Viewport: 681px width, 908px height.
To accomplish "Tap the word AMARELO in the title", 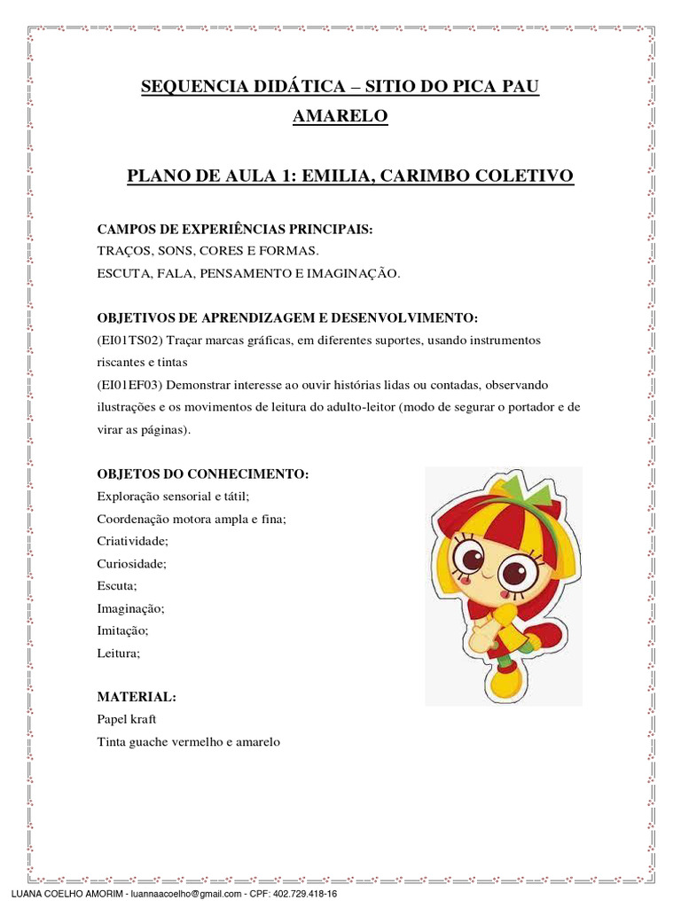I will click(x=340, y=116).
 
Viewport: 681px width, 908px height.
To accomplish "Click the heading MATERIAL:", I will click(x=137, y=697).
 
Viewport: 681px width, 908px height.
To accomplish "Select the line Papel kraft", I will click(x=126, y=719).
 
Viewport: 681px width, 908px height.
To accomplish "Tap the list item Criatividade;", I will click(x=132, y=540).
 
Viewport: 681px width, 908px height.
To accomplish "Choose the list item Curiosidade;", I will click(x=131, y=563).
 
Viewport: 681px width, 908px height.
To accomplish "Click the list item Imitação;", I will click(x=122, y=630).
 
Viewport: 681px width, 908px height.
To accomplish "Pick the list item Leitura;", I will click(x=119, y=654).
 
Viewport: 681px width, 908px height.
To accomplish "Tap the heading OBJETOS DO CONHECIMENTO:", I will click(x=202, y=474).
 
